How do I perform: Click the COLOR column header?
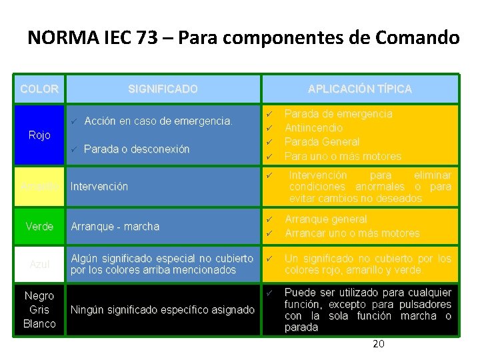39,89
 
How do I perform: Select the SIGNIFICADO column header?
163,89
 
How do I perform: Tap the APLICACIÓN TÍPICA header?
359,89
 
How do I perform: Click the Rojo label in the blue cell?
39,135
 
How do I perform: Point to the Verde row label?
39,227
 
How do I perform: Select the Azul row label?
39,265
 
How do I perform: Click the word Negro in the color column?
39,295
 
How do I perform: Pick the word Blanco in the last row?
39,324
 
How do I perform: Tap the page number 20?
378,344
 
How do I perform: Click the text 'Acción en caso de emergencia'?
159,121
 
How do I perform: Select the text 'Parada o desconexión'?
137,149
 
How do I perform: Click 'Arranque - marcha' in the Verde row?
115,227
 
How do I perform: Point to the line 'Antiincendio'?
313,127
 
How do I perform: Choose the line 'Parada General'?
322,142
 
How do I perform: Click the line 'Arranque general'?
325,219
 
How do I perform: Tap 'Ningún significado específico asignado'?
162,310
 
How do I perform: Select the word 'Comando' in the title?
422,37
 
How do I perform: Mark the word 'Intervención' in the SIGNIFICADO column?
99,187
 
